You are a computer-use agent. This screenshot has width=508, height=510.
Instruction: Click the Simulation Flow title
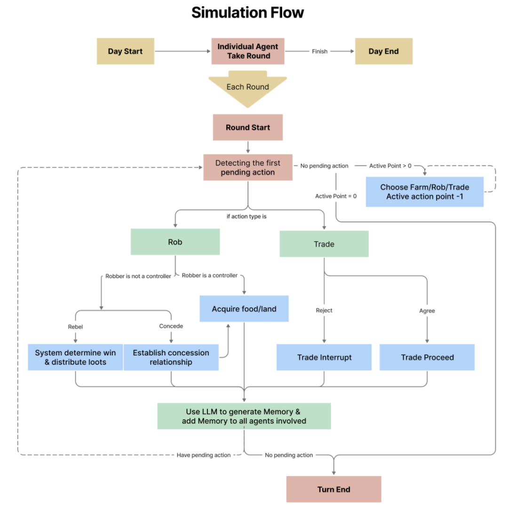pyautogui.click(x=247, y=13)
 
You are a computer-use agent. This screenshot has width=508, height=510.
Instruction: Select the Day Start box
pyautogui.click(x=125, y=51)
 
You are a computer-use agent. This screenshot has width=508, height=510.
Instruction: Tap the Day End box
pyautogui.click(x=383, y=51)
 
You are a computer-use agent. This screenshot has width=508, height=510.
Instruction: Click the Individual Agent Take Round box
pyautogui.click(x=248, y=51)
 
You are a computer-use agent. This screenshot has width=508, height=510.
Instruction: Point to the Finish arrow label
pyautogui.click(x=319, y=51)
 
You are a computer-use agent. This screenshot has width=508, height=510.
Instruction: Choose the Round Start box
pyautogui.click(x=247, y=127)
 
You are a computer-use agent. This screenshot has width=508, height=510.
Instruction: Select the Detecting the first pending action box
pyautogui.click(x=247, y=167)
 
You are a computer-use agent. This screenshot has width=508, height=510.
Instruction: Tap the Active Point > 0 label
pyautogui.click(x=390, y=165)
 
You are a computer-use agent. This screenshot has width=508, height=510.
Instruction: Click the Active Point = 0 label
pyautogui.click(x=336, y=196)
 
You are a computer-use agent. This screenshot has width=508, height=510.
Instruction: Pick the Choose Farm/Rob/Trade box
pyautogui.click(x=424, y=192)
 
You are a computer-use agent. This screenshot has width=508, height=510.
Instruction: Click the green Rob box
pyautogui.click(x=175, y=242)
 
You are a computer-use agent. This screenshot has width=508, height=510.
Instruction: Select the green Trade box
pyautogui.click(x=324, y=244)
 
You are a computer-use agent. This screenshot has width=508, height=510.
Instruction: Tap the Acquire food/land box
pyautogui.click(x=244, y=309)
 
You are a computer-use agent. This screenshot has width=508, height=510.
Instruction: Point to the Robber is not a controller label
pyautogui.click(x=138, y=276)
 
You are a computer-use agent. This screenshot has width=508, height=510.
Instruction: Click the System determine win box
pyautogui.click(x=75, y=357)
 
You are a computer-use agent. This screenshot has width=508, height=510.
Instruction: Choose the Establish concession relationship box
pyautogui.click(x=171, y=357)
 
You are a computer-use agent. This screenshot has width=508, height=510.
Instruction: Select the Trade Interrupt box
pyautogui.click(x=324, y=357)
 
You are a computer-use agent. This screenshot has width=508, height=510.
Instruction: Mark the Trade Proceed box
pyautogui.click(x=427, y=357)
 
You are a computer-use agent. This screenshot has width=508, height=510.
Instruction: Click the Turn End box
pyautogui.click(x=333, y=489)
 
